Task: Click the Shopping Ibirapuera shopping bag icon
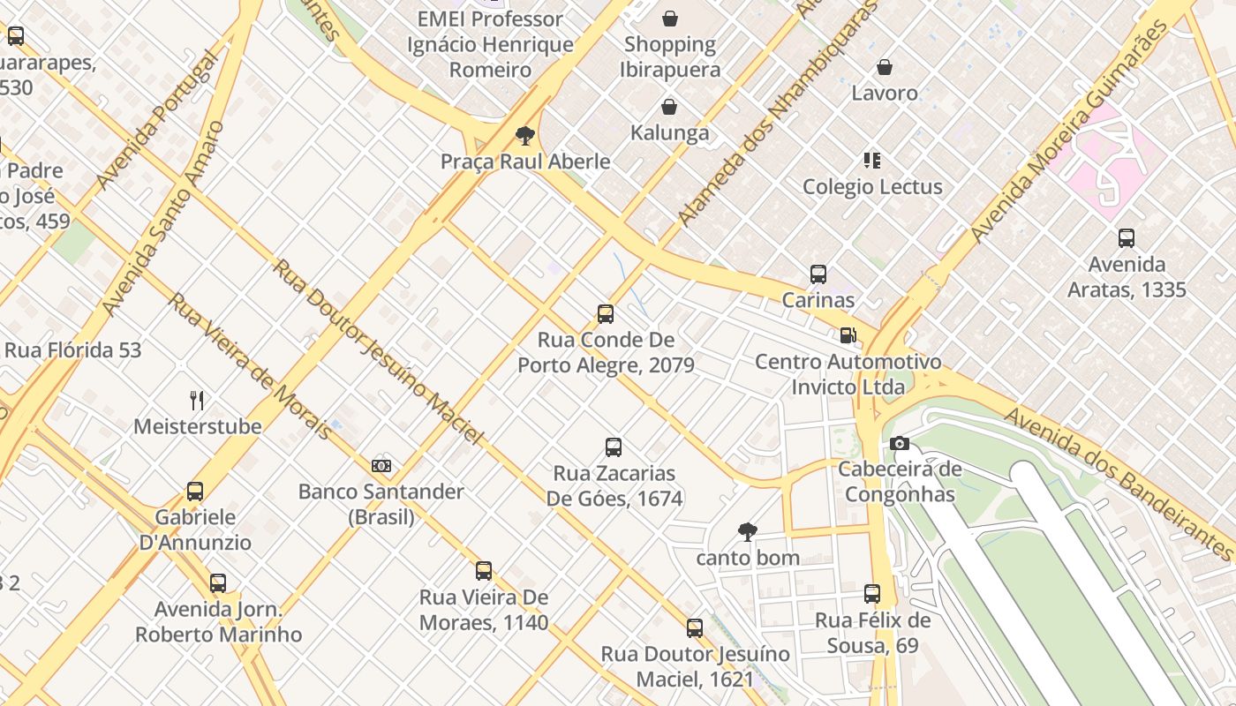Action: [x=670, y=19]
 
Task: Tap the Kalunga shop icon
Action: [x=670, y=108]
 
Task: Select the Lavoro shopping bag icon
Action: [x=885, y=67]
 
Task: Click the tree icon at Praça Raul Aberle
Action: [x=525, y=136]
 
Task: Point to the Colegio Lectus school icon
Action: [x=872, y=161]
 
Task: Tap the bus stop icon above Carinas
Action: [x=818, y=274]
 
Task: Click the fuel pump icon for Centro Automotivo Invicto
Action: [x=848, y=335]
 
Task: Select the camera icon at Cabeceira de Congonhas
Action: [x=900, y=443]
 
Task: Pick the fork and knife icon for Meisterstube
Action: [x=197, y=401]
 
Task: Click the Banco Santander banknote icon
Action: [x=381, y=466]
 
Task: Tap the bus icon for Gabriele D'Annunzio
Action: [x=195, y=492]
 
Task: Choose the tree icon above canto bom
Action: [x=748, y=532]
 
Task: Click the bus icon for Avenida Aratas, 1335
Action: [x=1127, y=238]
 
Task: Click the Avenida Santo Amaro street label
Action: [x=164, y=218]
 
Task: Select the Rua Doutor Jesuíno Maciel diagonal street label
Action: [x=379, y=351]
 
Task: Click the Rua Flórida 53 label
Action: [x=72, y=350]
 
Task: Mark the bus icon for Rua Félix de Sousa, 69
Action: [x=872, y=594]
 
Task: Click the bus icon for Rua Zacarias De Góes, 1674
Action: [x=614, y=447]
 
